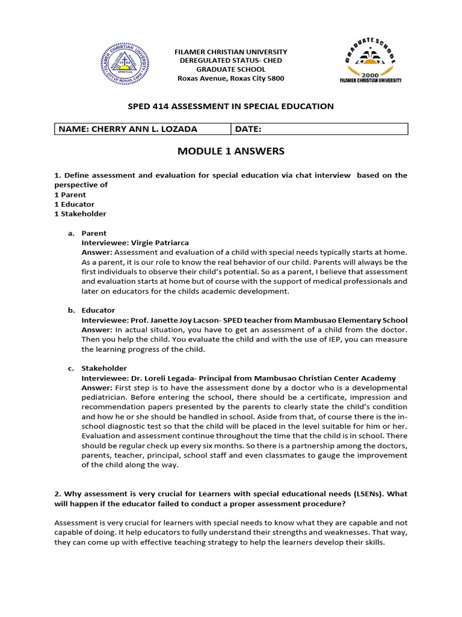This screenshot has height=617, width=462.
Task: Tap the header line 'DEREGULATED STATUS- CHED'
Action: (231, 61)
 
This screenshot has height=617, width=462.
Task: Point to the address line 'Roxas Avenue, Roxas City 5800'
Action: (231, 78)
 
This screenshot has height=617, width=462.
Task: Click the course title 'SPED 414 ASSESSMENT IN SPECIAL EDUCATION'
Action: (231, 106)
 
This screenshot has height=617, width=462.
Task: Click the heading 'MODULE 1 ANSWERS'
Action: (231, 151)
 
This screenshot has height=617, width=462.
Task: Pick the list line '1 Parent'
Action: (70, 195)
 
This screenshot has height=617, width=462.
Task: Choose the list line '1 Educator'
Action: (75, 204)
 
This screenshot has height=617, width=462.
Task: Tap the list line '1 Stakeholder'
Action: (80, 214)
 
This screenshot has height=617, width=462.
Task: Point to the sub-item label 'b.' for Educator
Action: (70, 310)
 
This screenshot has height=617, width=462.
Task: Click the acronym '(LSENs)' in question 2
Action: (366, 493)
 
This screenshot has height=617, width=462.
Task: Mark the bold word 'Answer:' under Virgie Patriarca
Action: (97, 252)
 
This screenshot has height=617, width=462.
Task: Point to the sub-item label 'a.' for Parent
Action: (70, 233)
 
